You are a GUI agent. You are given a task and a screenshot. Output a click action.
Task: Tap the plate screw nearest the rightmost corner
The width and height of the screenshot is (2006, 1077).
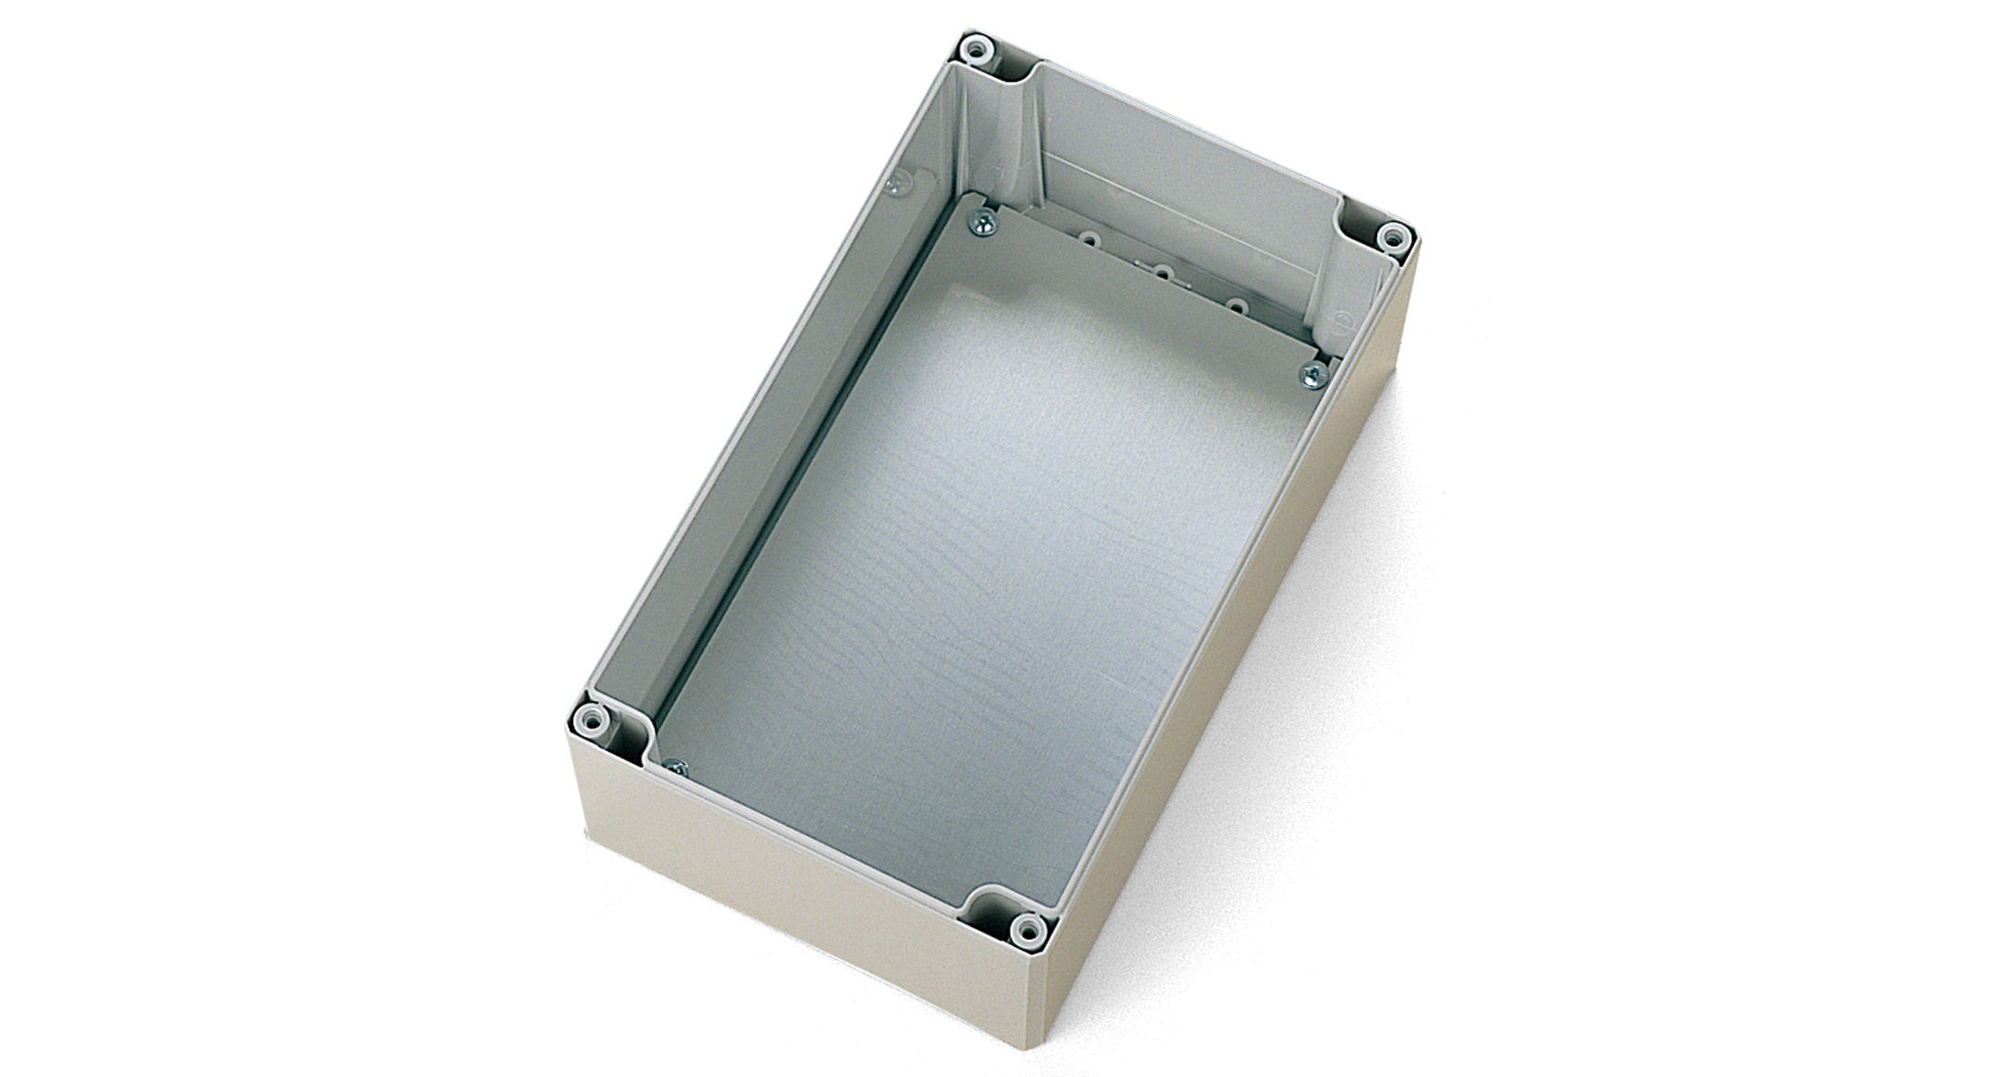point(1312,374)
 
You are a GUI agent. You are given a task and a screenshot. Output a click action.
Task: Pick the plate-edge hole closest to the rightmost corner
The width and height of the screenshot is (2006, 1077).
point(1234,305)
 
